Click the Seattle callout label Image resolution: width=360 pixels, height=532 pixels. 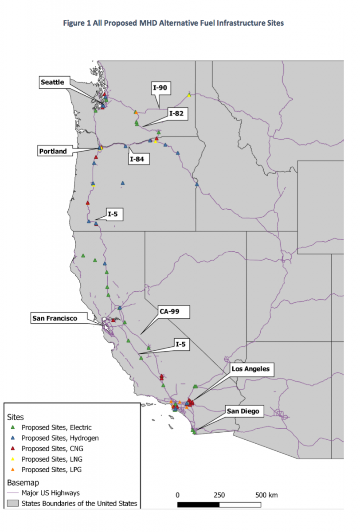[52, 82]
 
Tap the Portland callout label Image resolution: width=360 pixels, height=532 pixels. [52, 151]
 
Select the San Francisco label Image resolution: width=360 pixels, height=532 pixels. [54, 318]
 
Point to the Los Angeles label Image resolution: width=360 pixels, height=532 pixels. [250, 368]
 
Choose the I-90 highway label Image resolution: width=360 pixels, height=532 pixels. [160, 88]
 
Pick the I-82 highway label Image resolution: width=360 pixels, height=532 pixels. [176, 113]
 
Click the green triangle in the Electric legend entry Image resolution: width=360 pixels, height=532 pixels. [13, 427]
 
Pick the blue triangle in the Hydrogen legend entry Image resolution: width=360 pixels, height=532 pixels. [13, 438]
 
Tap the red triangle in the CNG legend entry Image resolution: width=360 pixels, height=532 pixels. [13, 448]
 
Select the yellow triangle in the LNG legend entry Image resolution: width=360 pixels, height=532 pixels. [13, 459]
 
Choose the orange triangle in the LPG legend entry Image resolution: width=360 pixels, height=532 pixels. [13, 469]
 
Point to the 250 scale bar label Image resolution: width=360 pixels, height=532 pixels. [219, 495]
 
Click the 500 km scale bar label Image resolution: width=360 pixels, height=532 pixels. [266, 495]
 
